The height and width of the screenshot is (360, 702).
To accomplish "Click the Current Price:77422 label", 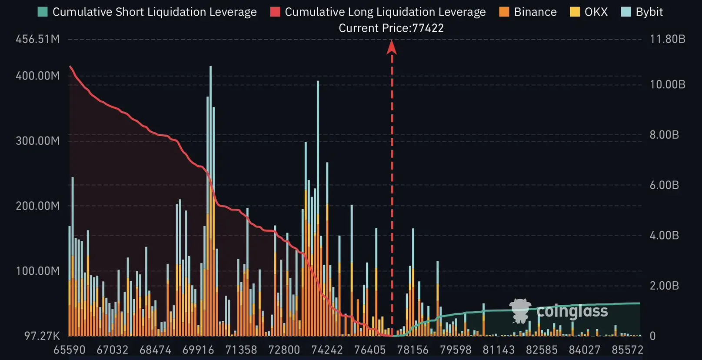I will [x=391, y=28].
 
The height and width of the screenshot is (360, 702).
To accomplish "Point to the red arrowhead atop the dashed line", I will [x=392, y=47].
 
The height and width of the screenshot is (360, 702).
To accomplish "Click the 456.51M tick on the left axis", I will [x=38, y=39].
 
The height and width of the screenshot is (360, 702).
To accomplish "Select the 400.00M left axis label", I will [x=38, y=76].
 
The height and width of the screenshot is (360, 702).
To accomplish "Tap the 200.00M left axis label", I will [x=38, y=206].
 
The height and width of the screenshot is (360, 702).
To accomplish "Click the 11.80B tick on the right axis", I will [x=667, y=39].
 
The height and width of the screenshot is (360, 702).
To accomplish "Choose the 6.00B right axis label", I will [x=664, y=185].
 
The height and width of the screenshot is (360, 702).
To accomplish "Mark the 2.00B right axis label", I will [x=664, y=286].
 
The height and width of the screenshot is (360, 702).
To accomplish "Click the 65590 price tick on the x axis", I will [x=70, y=350].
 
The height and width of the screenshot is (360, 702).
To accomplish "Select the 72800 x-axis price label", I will [x=284, y=350].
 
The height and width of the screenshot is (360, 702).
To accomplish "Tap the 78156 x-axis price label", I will [x=413, y=350].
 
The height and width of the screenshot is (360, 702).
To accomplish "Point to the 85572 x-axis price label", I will [x=627, y=350].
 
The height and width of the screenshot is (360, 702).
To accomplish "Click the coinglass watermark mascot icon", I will [x=520, y=310].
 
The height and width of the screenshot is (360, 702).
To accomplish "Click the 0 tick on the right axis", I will [x=652, y=336].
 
